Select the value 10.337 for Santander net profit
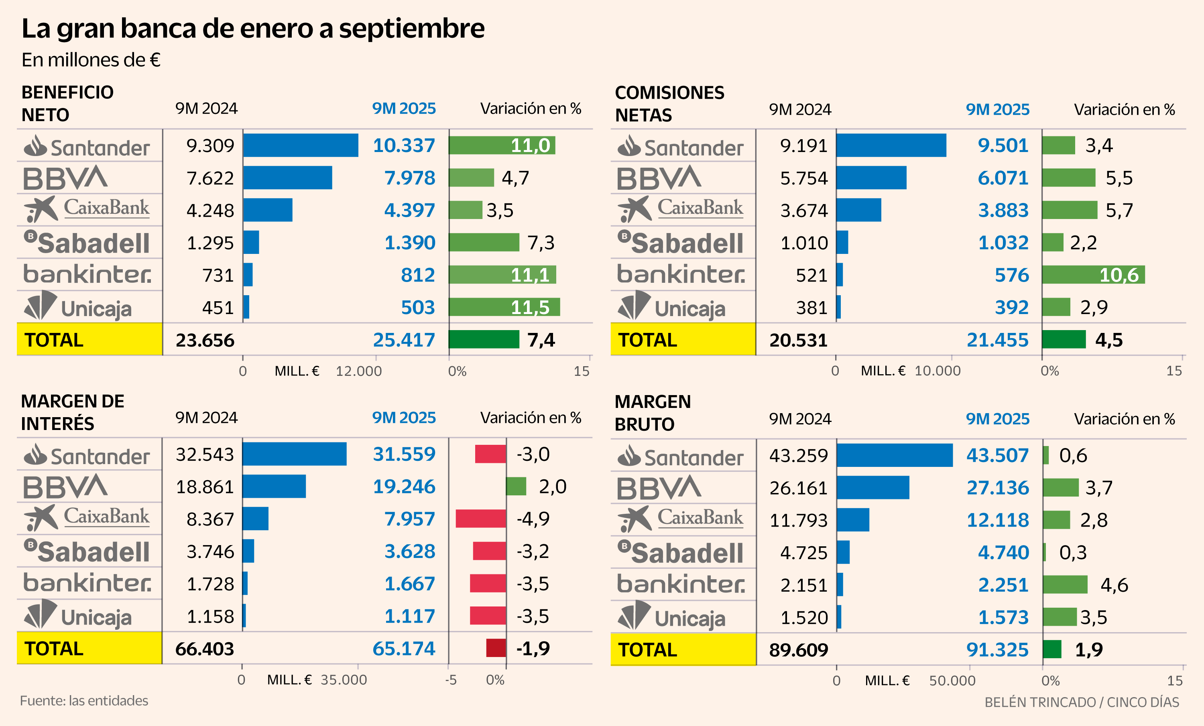click(404, 146)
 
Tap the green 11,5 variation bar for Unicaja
click(504, 307)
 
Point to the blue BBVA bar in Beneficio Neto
click(287, 178)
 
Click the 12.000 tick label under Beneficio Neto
click(359, 371)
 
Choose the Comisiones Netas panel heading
click(669, 103)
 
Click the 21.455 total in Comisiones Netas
click(997, 340)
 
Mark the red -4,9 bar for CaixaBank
click(480, 519)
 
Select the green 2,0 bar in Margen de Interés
click(516, 486)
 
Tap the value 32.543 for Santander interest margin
click(205, 454)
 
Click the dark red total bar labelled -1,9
click(496, 648)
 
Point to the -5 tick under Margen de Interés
click(451, 679)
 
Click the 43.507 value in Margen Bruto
click(997, 456)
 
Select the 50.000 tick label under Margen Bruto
click(952, 681)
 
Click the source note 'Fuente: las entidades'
click(84, 701)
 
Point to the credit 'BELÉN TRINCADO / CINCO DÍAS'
click(1081, 702)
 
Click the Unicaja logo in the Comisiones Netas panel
click(671, 306)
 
